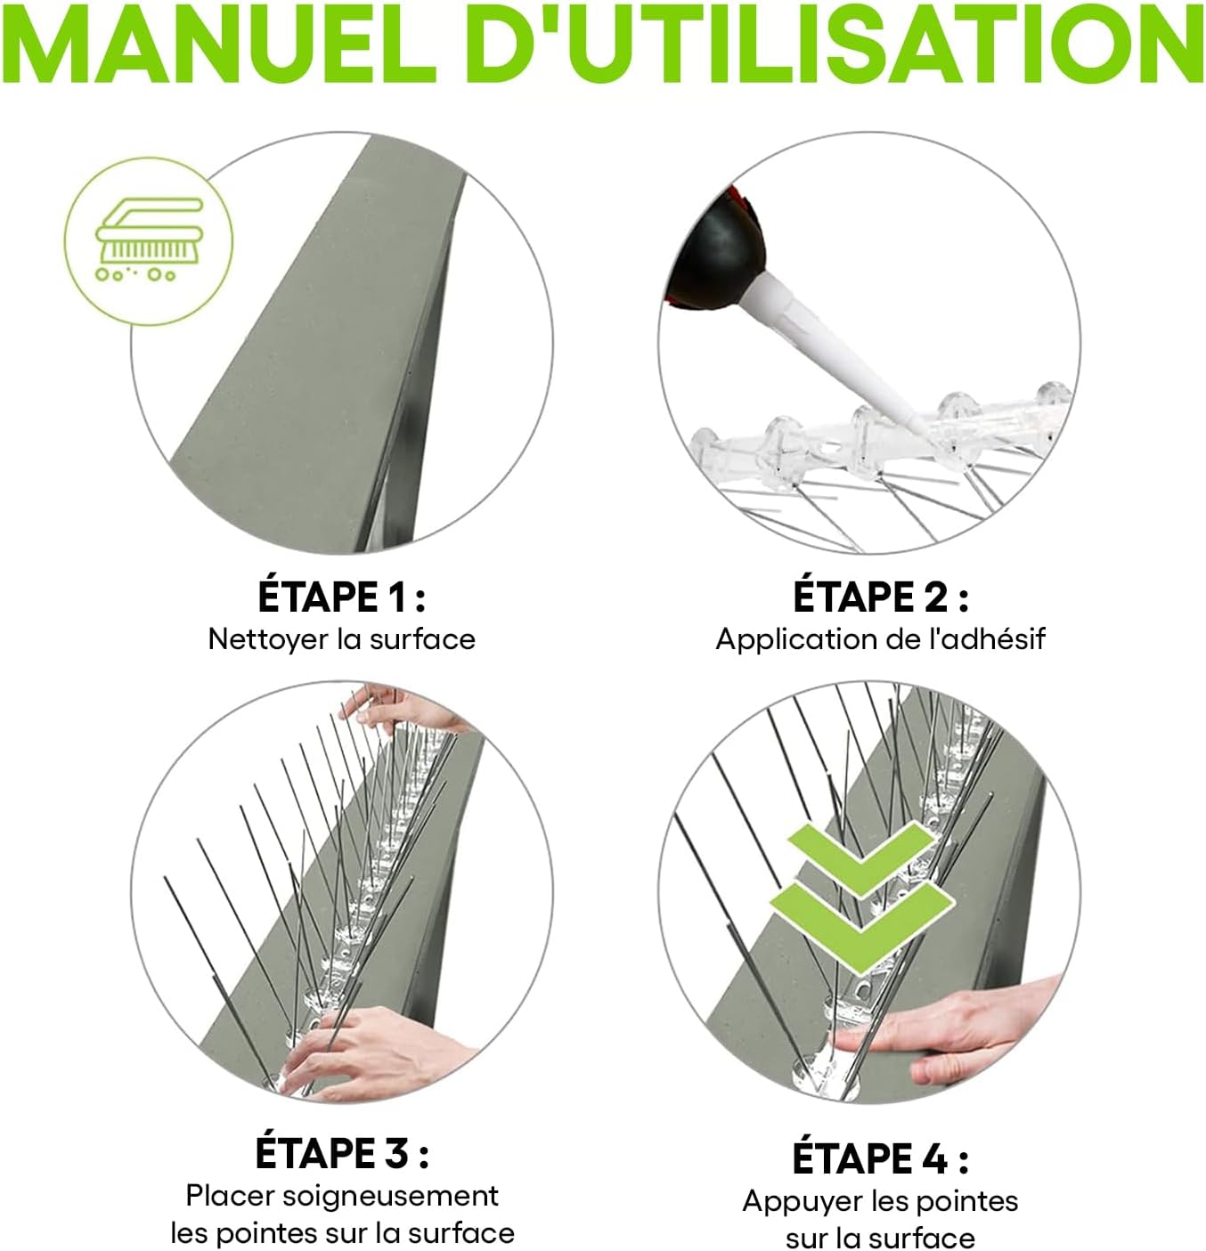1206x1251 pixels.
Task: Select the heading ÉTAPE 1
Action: coord(341,597)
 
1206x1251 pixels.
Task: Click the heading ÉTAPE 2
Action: coord(879,597)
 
